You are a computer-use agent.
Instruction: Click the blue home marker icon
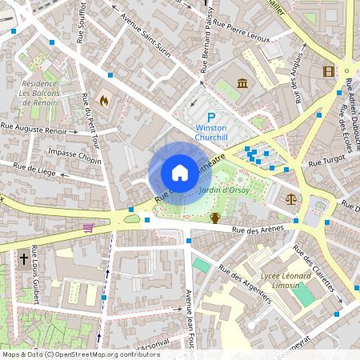180,172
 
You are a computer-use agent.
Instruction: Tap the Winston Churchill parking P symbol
211,116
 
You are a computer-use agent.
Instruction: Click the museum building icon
242,83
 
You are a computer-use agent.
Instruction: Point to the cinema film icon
329,71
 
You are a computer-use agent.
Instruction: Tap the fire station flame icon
103,101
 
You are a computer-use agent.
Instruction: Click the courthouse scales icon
290,198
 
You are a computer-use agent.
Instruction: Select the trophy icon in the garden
214,217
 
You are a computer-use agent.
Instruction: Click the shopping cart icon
87,227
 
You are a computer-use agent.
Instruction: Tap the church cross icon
24,259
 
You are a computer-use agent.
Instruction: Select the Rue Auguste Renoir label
34,128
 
